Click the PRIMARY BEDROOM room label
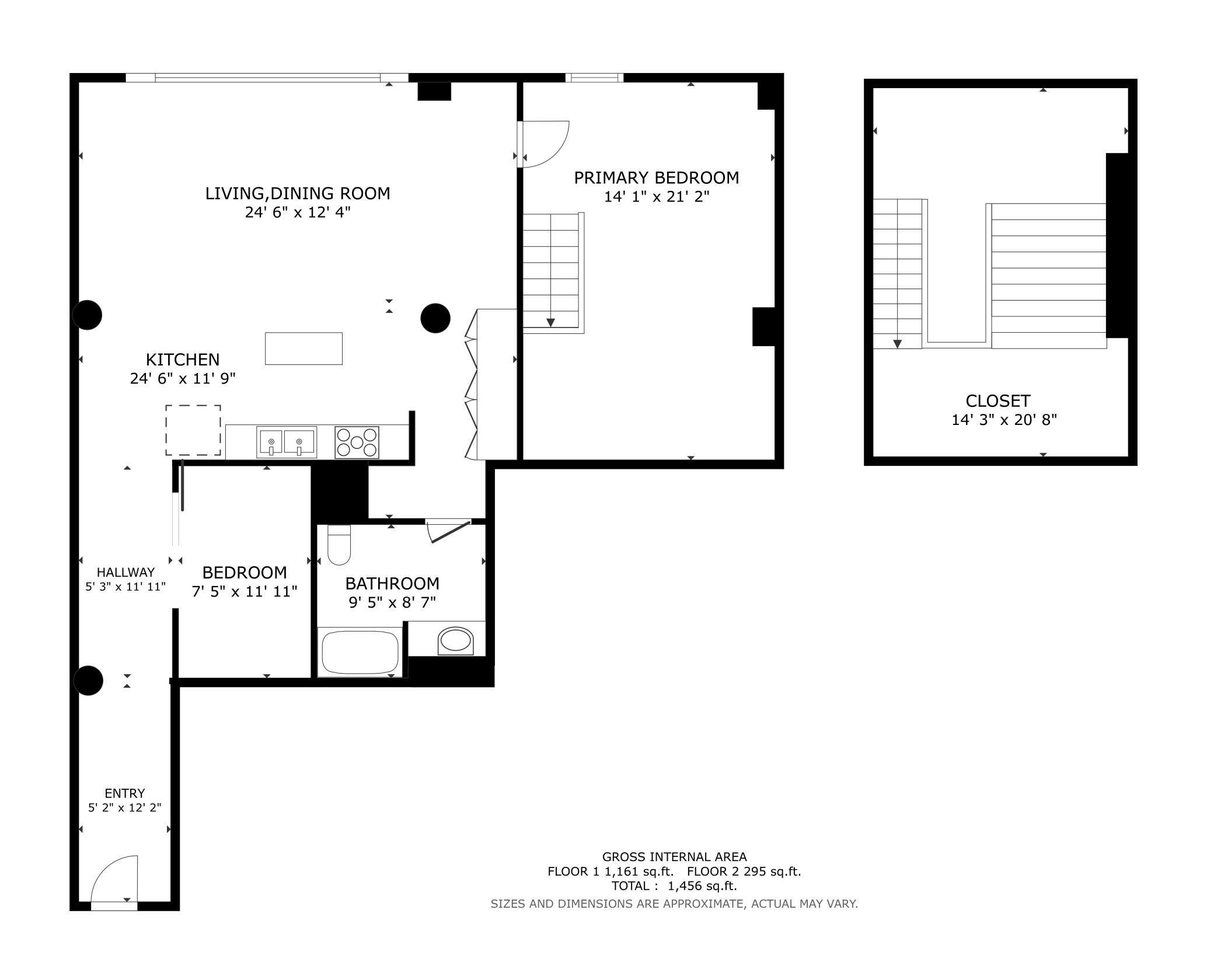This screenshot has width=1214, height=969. tap(657, 177)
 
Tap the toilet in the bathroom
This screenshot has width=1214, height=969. tap(339, 545)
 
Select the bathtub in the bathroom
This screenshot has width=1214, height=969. tap(360, 652)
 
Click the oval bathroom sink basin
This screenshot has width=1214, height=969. tap(455, 640)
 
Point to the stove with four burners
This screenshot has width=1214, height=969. tap(357, 442)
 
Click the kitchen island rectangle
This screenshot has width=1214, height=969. tap(303, 348)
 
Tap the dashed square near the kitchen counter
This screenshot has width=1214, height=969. tap(193, 430)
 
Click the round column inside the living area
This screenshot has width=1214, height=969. tap(435, 318)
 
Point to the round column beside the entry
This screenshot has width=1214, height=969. tap(88, 680)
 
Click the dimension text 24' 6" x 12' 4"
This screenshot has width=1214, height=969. tap(298, 212)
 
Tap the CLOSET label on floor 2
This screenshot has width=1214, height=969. tap(998, 401)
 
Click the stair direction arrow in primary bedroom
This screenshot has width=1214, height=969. tap(550, 323)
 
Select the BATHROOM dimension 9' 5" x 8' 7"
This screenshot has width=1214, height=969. tap(393, 602)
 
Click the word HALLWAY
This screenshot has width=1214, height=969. tap(125, 572)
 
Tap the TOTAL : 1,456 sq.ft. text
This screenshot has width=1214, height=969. tap(674, 886)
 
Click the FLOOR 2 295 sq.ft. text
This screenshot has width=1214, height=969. tap(744, 872)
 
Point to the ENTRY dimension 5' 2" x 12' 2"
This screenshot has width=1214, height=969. tap(125, 808)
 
